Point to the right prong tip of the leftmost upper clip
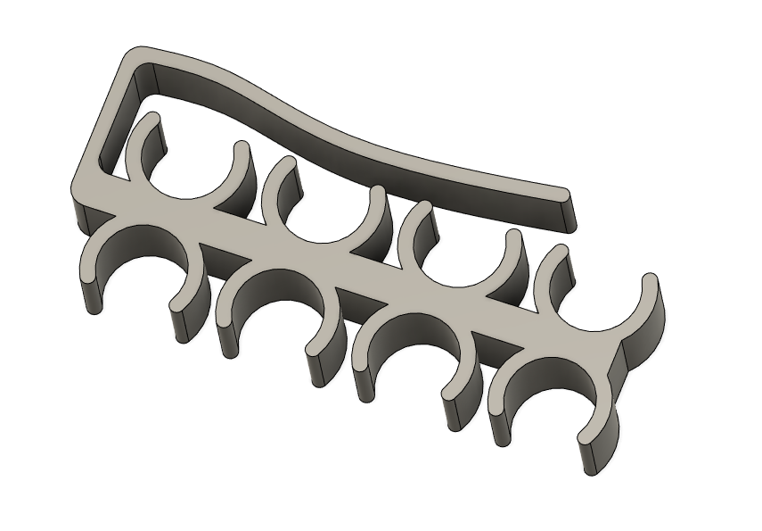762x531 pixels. (242, 149)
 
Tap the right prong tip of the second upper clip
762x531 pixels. (376, 193)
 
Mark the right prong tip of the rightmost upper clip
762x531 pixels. (650, 280)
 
